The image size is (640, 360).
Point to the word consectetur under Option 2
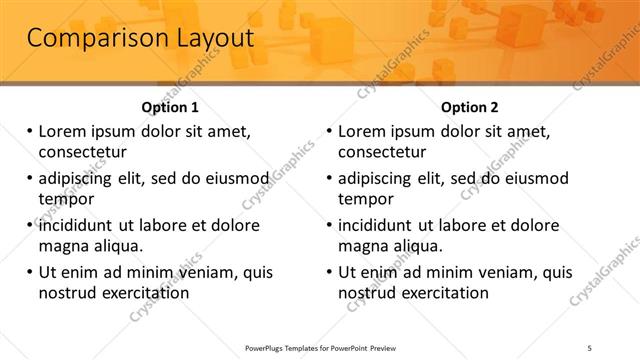tap(382, 152)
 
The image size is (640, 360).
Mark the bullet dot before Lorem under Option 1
tap(29, 131)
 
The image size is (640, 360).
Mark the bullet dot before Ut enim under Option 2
tap(329, 271)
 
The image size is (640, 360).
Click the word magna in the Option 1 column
tap(63, 246)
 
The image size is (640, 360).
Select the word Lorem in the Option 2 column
tap(361, 131)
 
